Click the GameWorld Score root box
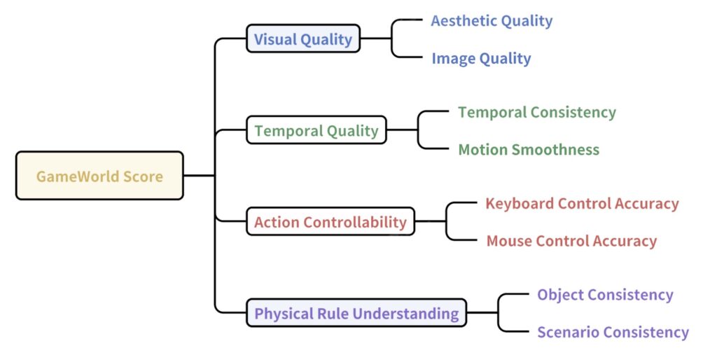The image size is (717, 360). point(99,176)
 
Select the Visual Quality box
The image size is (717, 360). point(303,39)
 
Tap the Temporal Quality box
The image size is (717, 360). point(316,130)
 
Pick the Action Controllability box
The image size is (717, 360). point(330,221)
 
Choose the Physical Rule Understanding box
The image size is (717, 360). point(356,313)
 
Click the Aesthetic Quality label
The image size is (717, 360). point(492,21)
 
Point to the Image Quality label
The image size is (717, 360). point(481,59)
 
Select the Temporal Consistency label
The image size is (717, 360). point(537,113)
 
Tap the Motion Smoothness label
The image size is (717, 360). point(529,150)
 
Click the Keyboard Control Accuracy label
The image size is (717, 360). point(582,204)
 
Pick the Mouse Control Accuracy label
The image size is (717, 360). point(571,241)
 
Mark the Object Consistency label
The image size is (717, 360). point(605,295)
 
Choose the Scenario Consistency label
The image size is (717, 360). point(613,332)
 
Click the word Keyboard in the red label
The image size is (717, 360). point(520,204)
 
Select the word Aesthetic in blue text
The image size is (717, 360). point(464,21)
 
